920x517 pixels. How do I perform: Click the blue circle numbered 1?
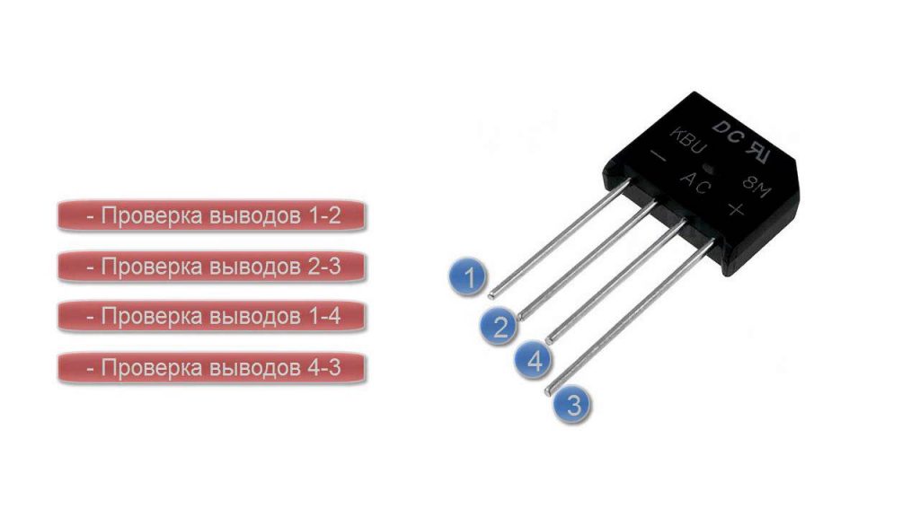(x=467, y=276)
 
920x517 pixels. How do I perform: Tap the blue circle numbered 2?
(x=500, y=326)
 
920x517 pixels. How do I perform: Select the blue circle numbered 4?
(x=534, y=360)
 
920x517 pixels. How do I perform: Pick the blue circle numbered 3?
(x=573, y=404)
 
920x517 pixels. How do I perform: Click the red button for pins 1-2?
(x=212, y=215)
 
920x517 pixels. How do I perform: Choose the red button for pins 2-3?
(x=212, y=267)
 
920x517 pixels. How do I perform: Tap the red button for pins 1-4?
(x=212, y=317)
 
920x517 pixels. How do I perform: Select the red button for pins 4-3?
(x=212, y=368)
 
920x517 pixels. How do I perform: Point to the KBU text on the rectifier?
(x=688, y=141)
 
